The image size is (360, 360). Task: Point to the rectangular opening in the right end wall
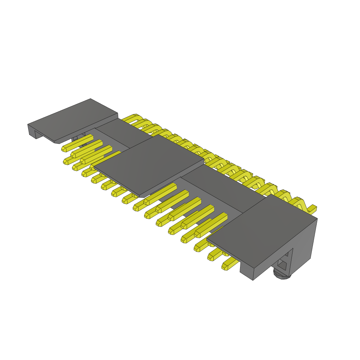click(x=283, y=263)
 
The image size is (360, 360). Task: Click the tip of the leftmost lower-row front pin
click(x=66, y=161)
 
